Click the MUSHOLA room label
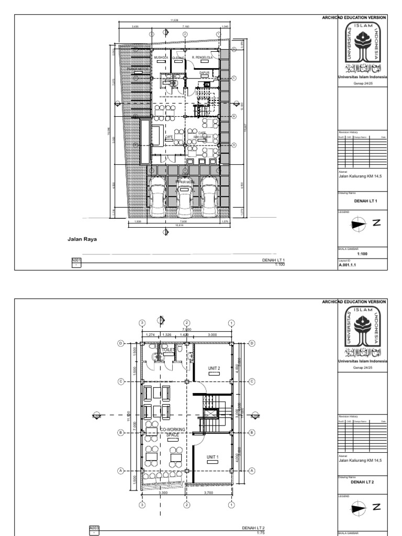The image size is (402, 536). pyautogui.click(x=160, y=58)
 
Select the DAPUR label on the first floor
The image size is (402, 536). pyautogui.click(x=204, y=73)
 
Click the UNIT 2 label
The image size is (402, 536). pyautogui.click(x=213, y=368)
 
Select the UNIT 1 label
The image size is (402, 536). pyautogui.click(x=212, y=457)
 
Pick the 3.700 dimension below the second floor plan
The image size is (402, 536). pyautogui.click(x=208, y=493)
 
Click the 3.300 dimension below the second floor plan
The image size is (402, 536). pyautogui.click(x=163, y=493)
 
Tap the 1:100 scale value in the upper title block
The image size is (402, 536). pyautogui.click(x=361, y=253)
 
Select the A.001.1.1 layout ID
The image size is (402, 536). pyautogui.click(x=347, y=265)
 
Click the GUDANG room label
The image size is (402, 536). pyautogui.click(x=178, y=58)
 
